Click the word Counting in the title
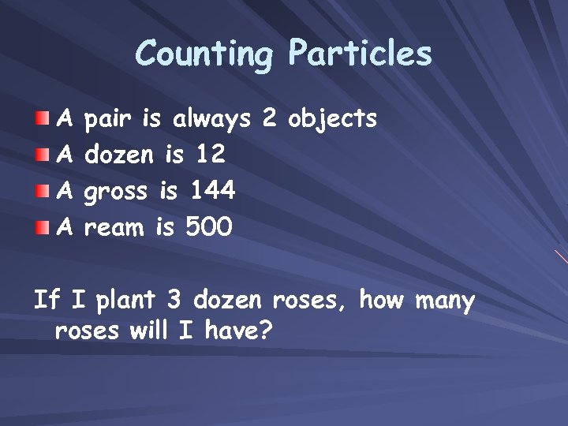click(204, 54)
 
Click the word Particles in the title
click(360, 54)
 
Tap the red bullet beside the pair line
click(41, 119)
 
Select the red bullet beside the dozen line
click(41, 155)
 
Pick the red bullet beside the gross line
click(41, 192)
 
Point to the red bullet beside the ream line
click(41, 228)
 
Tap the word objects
click(332, 120)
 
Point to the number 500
click(208, 227)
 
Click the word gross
click(116, 192)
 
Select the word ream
click(114, 228)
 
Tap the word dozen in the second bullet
click(118, 155)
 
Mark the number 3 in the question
click(174, 301)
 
